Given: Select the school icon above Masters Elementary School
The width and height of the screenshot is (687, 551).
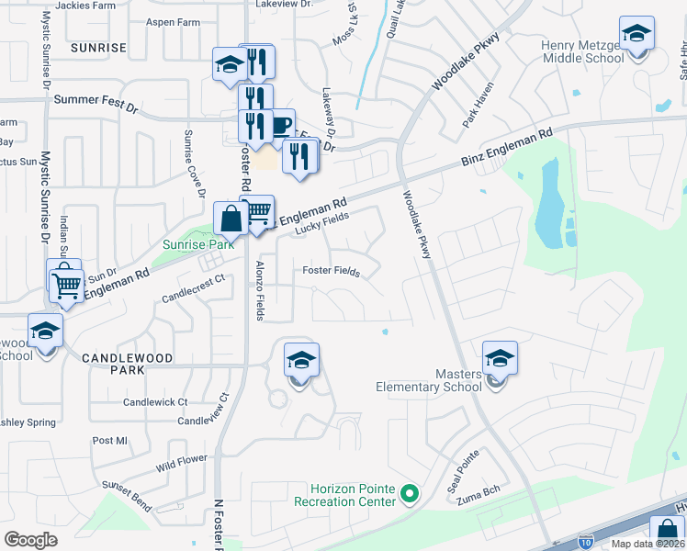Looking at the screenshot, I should (x=500, y=358).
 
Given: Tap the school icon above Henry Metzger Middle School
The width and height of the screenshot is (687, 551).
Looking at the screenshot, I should (x=636, y=35).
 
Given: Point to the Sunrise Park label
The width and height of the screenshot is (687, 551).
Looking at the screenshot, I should (x=198, y=244).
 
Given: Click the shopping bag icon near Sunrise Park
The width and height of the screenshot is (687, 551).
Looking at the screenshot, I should (x=230, y=219).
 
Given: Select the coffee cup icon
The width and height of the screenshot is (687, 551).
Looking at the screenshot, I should (x=280, y=125).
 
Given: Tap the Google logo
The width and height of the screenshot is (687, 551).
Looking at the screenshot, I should (x=31, y=540).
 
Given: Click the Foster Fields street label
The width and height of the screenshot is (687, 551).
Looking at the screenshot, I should (x=332, y=270).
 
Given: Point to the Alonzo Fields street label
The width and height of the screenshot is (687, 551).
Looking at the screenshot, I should (x=260, y=291).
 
